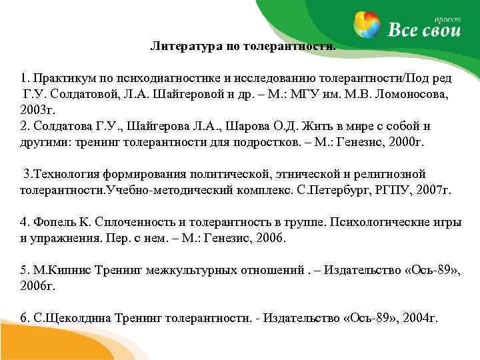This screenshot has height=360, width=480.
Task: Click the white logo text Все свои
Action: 424,30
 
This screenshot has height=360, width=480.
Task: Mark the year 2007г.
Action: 433,190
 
